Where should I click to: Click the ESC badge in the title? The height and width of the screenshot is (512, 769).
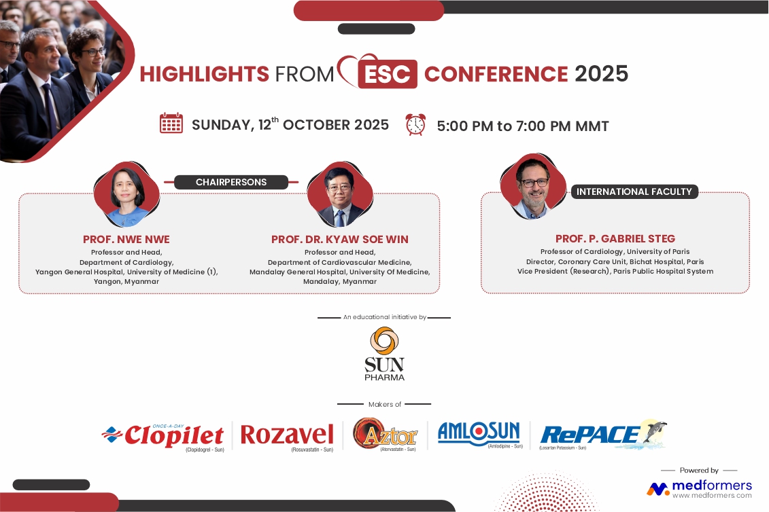[388, 74]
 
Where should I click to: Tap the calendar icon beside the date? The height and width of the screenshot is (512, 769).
[171, 123]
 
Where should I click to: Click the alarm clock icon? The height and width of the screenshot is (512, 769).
[415, 124]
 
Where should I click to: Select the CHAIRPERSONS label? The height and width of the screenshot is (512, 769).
[231, 182]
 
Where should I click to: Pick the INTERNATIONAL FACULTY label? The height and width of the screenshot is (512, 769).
[634, 191]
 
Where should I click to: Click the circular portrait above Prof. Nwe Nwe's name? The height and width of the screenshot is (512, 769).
[127, 194]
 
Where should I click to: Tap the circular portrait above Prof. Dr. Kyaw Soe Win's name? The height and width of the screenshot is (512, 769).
[340, 194]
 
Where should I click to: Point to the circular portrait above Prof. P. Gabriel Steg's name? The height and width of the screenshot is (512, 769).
[534, 186]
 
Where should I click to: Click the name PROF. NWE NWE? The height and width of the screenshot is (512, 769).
[126, 240]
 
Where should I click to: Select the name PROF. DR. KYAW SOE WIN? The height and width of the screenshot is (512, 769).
[340, 240]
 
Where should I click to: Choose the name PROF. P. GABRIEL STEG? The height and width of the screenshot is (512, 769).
[615, 238]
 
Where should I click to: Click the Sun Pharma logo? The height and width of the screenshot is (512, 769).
[385, 354]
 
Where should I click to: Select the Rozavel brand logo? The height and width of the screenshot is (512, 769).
[287, 436]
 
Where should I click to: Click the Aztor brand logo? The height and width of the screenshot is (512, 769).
[386, 435]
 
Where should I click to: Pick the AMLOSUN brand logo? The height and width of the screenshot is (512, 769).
[479, 434]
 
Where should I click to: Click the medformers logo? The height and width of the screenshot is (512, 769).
[700, 488]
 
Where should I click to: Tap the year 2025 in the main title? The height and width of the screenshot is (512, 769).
[601, 74]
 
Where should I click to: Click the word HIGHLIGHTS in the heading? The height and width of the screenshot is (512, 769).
[205, 75]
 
